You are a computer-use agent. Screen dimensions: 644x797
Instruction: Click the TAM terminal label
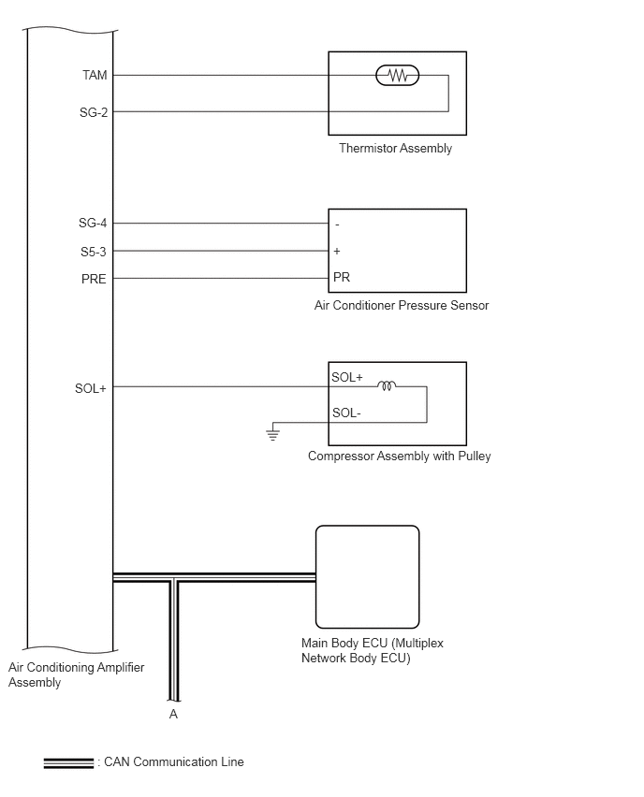click(95, 75)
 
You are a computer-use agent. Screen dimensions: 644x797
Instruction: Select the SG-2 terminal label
click(94, 112)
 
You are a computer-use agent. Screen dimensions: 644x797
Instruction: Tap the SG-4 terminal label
click(93, 223)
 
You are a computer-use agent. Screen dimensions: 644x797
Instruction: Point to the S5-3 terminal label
click(94, 252)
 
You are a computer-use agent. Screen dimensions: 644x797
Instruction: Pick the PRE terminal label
click(94, 279)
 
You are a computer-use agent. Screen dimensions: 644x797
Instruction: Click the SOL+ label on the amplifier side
click(91, 388)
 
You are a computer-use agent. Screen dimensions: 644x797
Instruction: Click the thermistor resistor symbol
click(397, 76)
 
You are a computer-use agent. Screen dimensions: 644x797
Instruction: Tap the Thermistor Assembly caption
click(395, 148)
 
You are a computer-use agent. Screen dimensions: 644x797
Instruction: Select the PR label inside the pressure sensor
click(342, 277)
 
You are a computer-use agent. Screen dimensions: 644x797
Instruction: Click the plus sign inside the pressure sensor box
click(337, 251)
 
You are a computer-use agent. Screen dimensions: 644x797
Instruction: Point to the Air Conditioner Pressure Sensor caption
click(402, 305)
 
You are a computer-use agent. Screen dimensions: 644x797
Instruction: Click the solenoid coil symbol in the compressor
click(387, 386)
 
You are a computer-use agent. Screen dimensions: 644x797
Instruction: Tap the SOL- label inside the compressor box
click(346, 413)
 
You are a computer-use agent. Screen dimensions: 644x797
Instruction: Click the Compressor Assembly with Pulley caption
click(400, 456)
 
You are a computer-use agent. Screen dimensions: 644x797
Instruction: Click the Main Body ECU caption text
click(373, 651)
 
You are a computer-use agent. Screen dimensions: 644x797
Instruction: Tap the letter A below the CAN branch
click(173, 714)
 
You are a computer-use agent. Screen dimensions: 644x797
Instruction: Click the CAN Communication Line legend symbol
click(68, 763)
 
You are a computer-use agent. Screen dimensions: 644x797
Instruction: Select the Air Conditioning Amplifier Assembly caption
click(77, 674)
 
